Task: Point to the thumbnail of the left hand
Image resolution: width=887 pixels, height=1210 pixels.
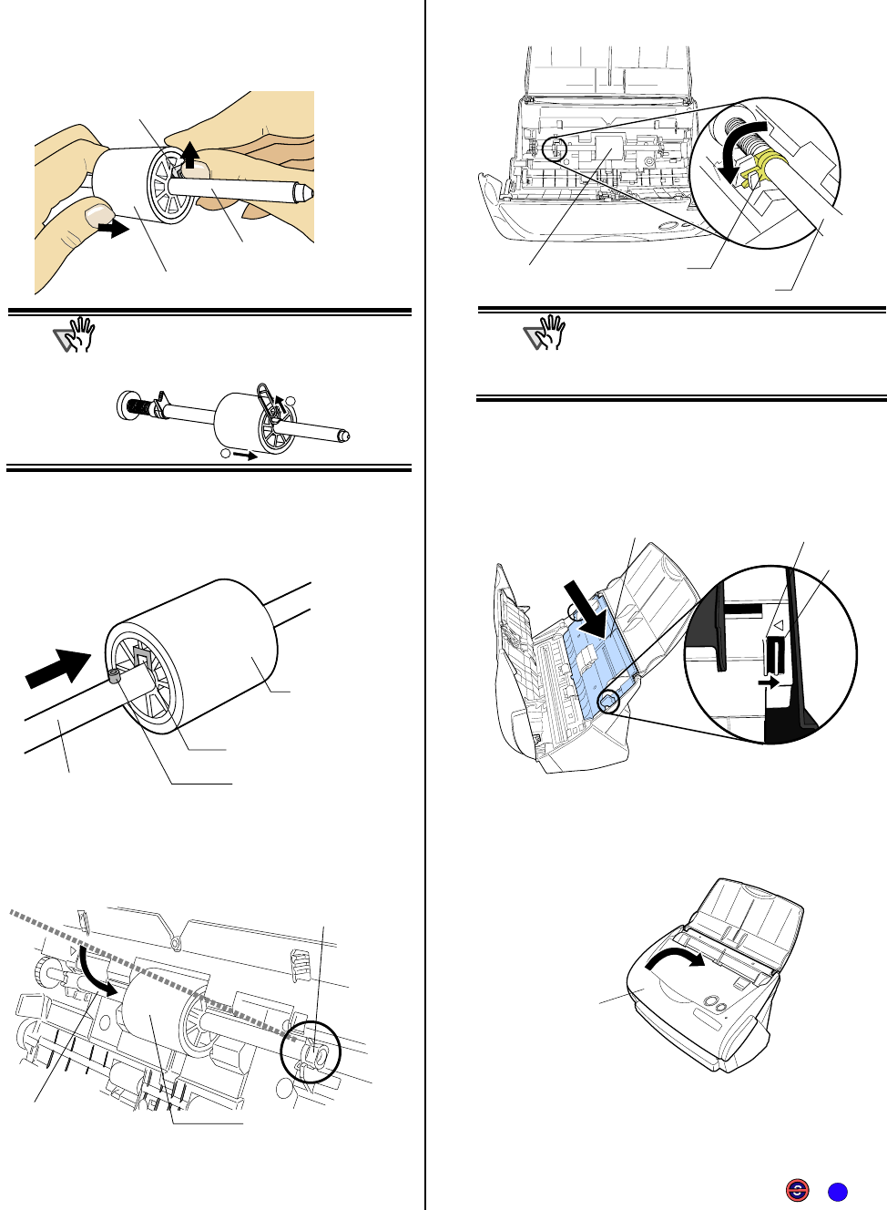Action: pos(97,214)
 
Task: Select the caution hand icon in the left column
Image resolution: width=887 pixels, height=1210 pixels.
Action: pos(75,335)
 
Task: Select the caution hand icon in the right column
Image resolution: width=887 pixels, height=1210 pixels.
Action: pos(545,333)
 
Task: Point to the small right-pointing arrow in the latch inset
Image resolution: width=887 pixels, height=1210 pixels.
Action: pos(769,682)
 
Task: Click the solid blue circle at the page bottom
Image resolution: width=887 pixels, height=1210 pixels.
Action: pos(838,1192)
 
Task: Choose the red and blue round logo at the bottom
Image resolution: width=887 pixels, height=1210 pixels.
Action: pos(797,1190)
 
